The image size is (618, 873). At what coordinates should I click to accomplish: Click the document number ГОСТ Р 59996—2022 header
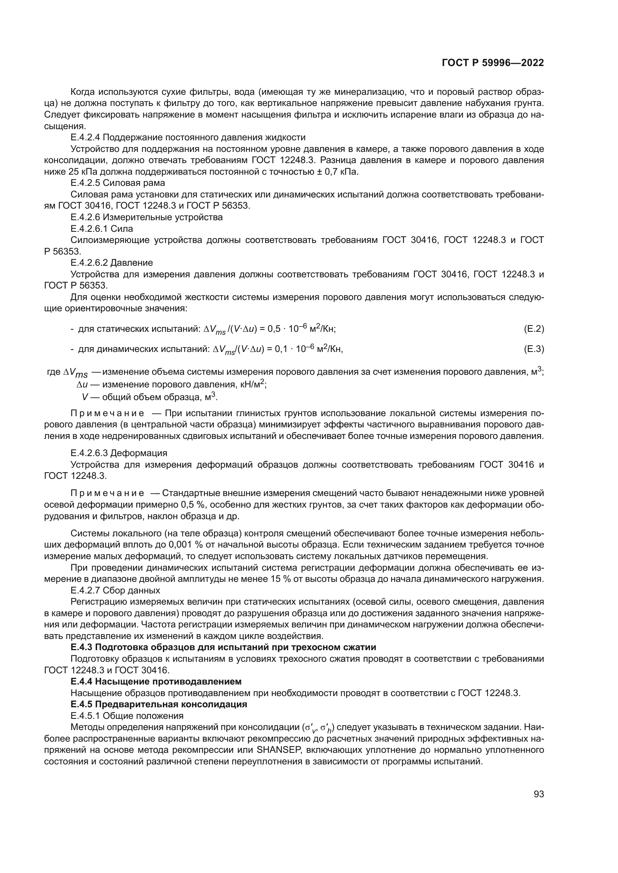pyautogui.click(x=492, y=63)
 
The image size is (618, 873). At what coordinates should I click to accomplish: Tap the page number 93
pyautogui.click(x=538, y=794)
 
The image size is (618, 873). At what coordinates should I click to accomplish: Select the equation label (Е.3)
pyautogui.click(x=534, y=349)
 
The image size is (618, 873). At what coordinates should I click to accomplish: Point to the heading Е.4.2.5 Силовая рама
pyautogui.click(x=118, y=183)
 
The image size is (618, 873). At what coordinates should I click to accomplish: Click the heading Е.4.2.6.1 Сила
pyautogui.click(x=102, y=228)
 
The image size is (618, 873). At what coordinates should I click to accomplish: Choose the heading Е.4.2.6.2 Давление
pyautogui.click(x=111, y=263)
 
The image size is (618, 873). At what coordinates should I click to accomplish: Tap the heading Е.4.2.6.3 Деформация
pyautogui.click(x=119, y=453)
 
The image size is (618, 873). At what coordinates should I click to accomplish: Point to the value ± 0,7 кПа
pyautogui.click(x=335, y=172)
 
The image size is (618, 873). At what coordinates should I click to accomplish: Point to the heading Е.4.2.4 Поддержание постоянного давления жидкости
pyautogui.click(x=188, y=137)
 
